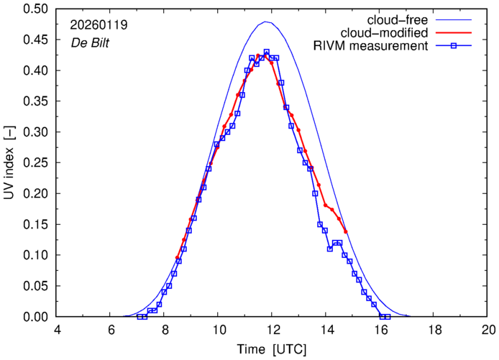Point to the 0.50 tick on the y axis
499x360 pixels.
coord(37,9)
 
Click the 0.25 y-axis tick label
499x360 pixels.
coord(37,163)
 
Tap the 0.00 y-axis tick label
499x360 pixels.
coord(37,317)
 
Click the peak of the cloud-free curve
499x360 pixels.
coord(266,22)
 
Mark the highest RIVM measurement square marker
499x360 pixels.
coord(266,52)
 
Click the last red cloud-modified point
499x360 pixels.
coord(346,231)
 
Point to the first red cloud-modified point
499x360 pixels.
coord(176,257)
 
